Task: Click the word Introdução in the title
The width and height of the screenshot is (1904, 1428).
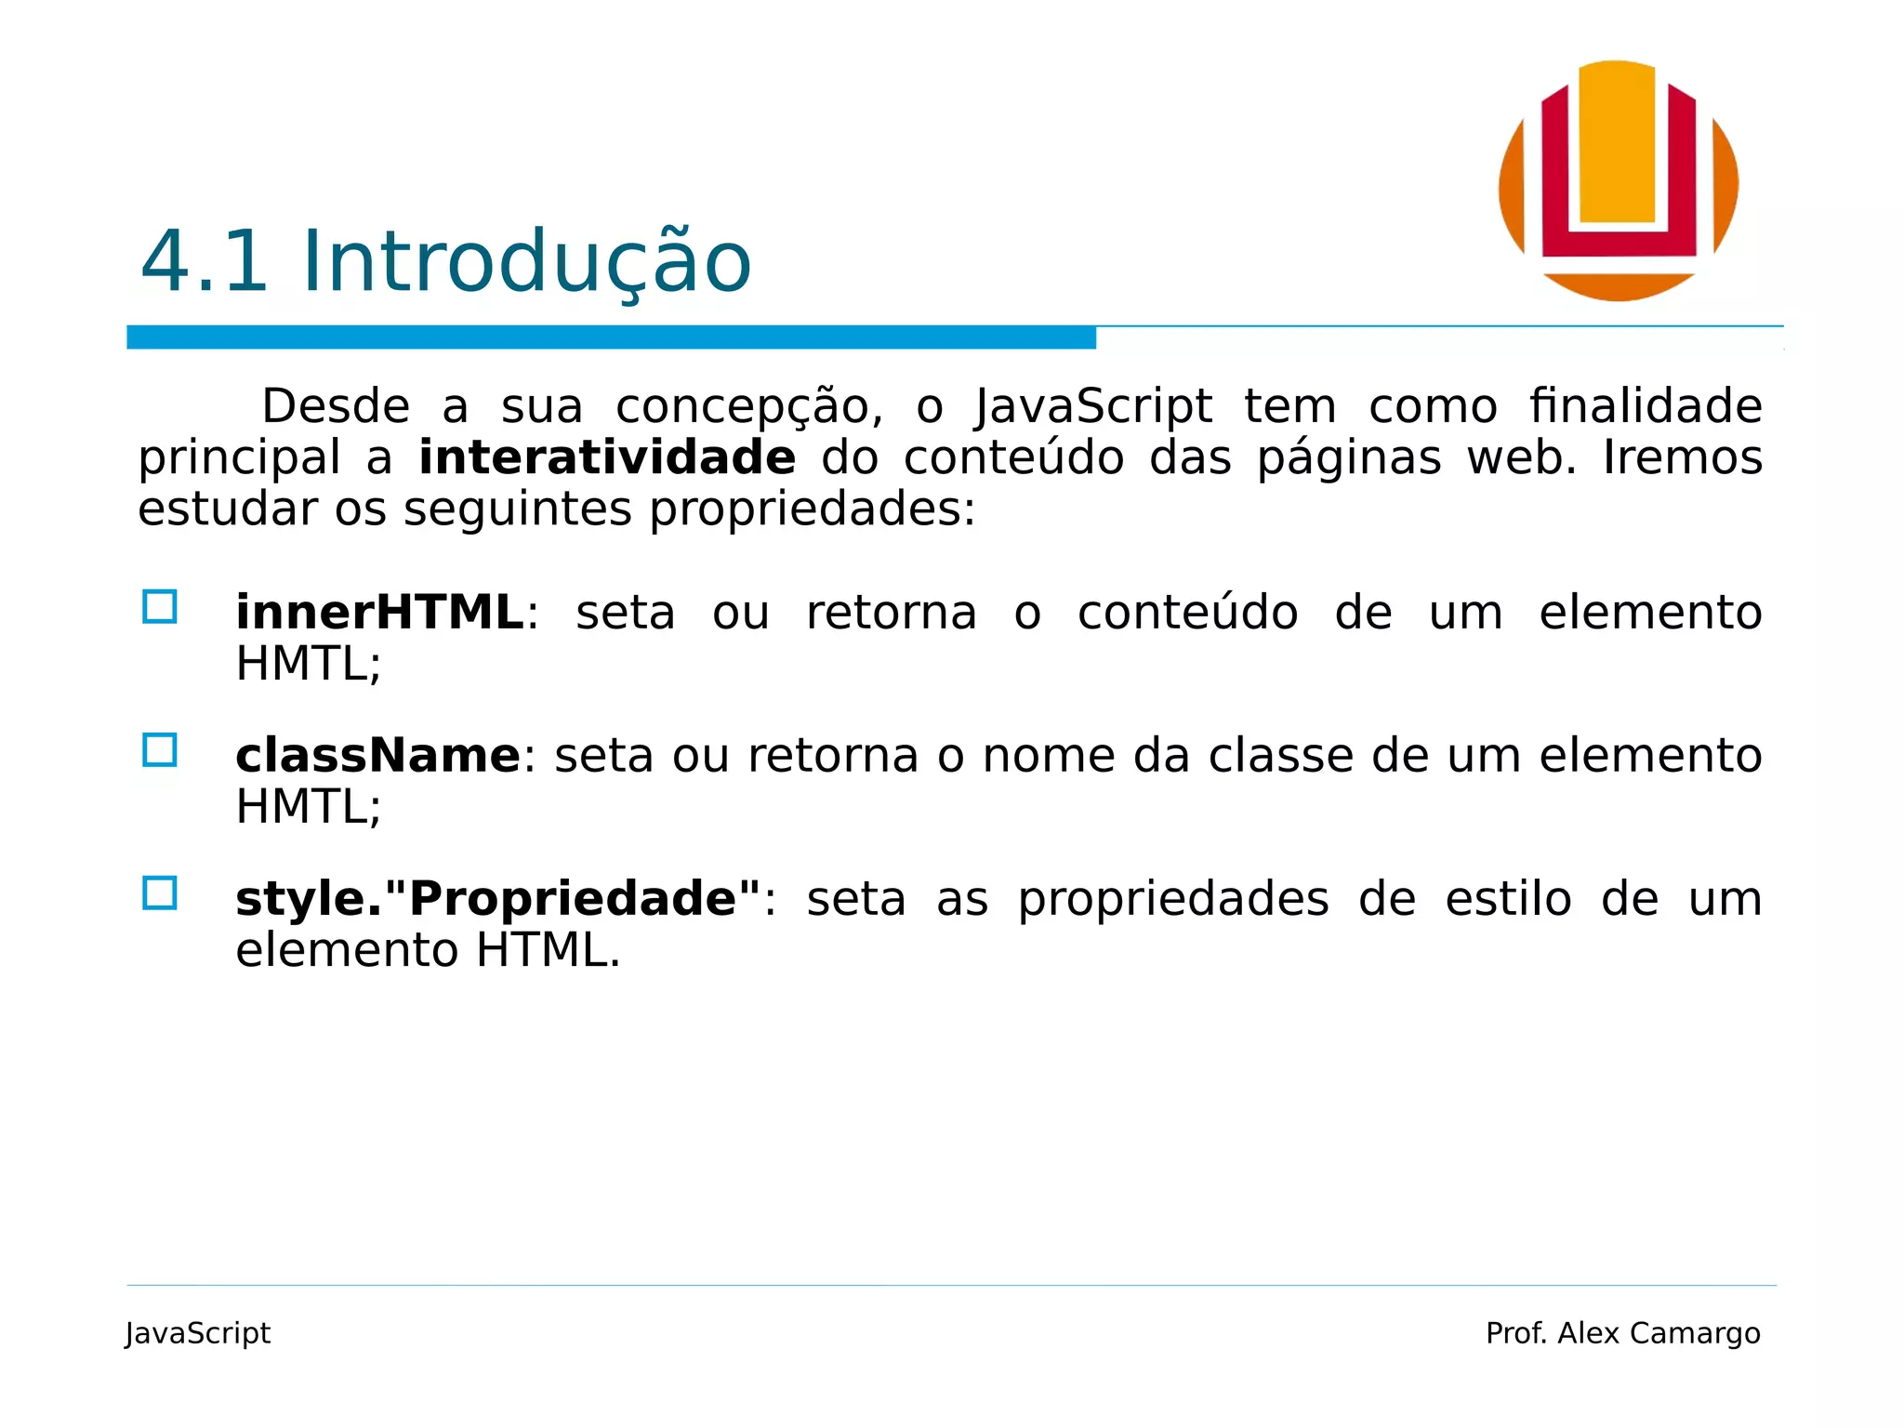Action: point(526,262)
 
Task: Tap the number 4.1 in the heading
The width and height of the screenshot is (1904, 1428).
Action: point(205,262)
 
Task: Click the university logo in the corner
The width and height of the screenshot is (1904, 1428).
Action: point(1618,180)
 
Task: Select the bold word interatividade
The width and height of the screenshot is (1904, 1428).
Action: point(607,457)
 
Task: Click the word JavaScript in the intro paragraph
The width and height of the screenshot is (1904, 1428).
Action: point(1093,407)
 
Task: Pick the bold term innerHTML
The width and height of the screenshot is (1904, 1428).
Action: point(379,613)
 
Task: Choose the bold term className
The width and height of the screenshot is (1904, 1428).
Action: point(377,755)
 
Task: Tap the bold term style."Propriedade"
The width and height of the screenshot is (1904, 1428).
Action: point(498,899)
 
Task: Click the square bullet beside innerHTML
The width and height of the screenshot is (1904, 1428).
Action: point(160,607)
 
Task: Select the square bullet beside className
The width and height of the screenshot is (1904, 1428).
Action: point(160,750)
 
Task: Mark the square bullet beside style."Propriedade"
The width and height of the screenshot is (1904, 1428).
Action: point(160,893)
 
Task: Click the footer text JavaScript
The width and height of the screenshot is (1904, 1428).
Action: point(198,1333)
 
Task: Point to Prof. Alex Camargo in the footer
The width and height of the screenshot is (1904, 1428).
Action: point(1622,1333)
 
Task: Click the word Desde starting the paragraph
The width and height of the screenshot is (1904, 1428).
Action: point(336,406)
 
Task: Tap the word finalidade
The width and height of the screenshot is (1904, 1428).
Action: point(1646,406)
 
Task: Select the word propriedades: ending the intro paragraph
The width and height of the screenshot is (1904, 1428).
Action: point(812,510)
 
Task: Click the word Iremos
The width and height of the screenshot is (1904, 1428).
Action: point(1683,457)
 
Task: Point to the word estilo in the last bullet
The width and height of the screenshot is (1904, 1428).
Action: point(1508,899)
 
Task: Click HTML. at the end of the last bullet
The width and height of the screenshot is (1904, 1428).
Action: point(548,950)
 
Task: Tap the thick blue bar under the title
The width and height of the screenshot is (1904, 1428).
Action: point(611,337)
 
